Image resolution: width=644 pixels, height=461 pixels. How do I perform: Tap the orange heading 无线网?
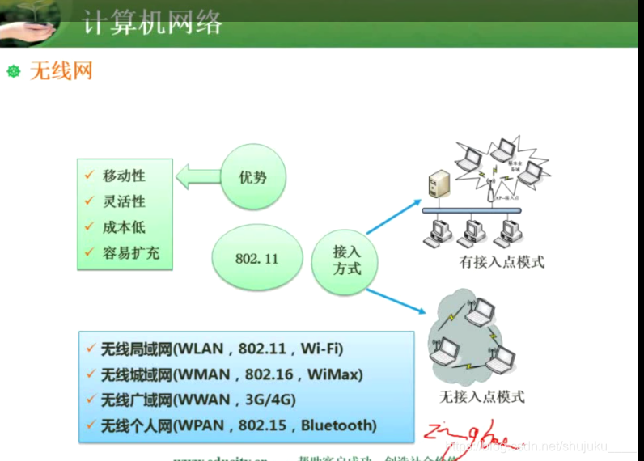pos(61,71)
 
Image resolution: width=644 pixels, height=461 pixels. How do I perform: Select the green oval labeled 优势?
pos(253,176)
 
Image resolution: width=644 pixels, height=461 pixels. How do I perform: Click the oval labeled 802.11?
pos(256,258)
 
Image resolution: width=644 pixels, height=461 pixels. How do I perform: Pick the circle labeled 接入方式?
pos(347,260)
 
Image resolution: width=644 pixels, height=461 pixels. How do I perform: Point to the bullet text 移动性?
pos(124,176)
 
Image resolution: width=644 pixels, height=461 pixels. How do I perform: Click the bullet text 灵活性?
pos(124,201)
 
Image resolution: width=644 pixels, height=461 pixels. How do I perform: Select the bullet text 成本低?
pos(124,227)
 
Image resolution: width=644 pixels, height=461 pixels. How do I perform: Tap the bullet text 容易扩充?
pos(131,253)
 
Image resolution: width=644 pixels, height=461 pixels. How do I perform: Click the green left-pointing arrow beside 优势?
pos(197,176)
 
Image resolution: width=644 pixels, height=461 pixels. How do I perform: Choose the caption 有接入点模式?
pos(502,262)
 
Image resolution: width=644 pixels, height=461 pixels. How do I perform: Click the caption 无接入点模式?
pos(482,397)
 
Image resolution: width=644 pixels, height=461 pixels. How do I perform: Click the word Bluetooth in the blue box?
pos(337,425)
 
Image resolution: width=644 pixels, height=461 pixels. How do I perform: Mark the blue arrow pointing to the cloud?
pos(396,295)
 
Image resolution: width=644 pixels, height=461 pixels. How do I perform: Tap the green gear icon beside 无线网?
pos(13,71)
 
